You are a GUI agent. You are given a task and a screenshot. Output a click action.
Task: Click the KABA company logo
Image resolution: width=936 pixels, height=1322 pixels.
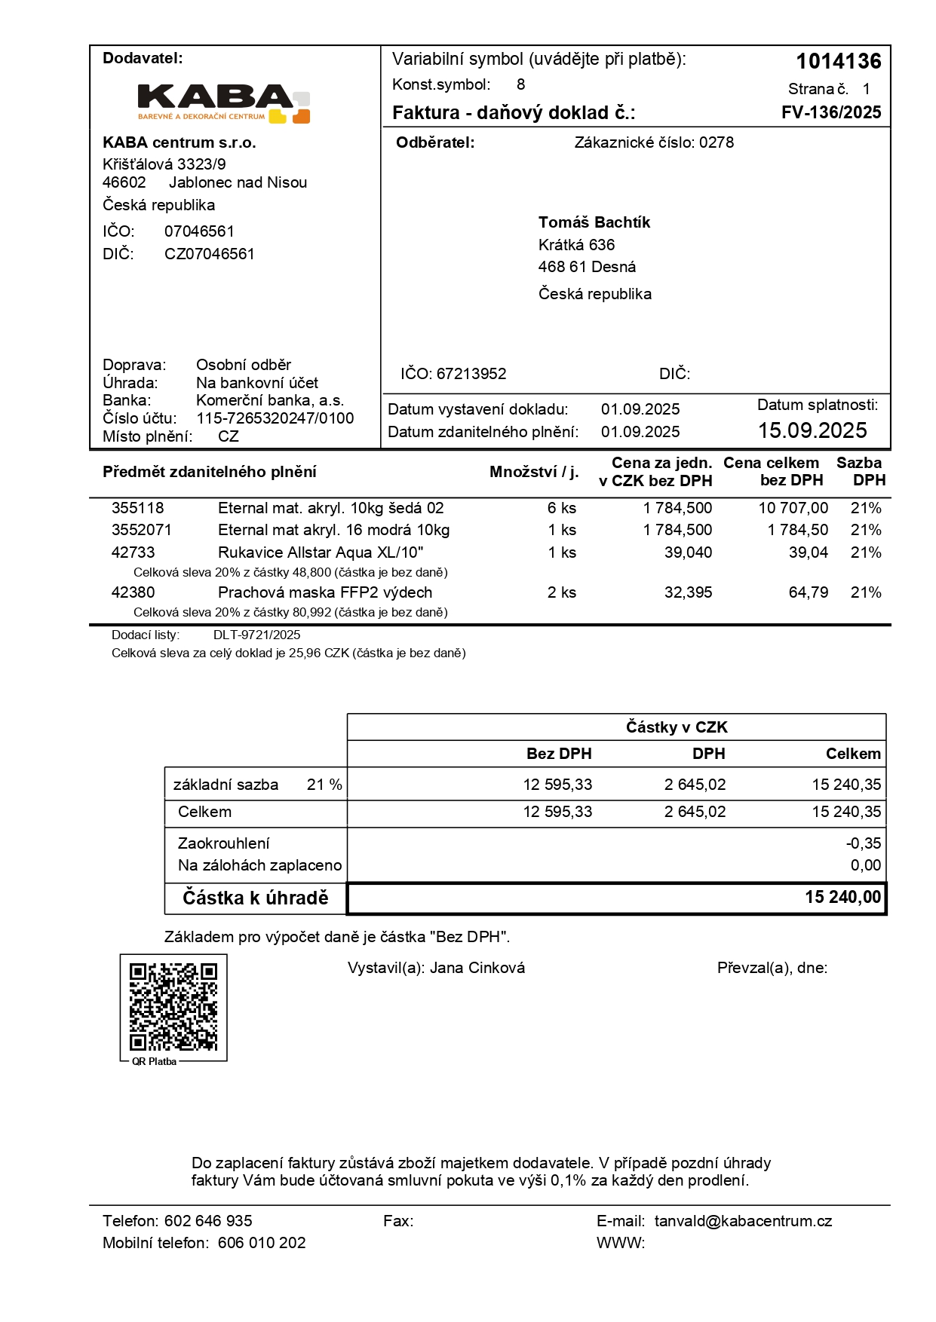coord(224,103)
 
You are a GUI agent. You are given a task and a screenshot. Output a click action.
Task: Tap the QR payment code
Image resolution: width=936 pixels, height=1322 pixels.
coord(173,1006)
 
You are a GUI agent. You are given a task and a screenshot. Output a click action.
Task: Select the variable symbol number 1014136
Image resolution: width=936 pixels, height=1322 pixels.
coord(839,61)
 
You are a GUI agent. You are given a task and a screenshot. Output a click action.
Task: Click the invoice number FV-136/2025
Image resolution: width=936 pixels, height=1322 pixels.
coord(831,112)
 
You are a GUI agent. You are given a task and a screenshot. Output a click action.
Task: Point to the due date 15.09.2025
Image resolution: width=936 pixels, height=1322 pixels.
coord(812,430)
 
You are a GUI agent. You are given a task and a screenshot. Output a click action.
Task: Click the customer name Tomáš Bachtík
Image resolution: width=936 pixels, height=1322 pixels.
coord(594,222)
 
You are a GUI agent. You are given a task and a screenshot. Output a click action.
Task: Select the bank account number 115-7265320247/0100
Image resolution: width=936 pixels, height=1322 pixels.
coord(275,418)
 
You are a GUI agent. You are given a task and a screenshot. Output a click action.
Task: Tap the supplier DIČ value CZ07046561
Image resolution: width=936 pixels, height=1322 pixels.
coord(210,254)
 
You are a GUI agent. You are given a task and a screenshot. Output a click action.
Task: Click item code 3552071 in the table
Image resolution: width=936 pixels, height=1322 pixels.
coord(142,530)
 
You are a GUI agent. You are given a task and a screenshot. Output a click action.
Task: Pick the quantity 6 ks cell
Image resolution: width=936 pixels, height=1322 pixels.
coord(562,508)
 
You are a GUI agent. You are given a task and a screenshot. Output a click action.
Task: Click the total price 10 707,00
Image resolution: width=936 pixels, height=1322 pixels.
coord(793,508)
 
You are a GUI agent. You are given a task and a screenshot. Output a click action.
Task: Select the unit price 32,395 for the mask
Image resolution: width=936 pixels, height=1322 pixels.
coord(688,592)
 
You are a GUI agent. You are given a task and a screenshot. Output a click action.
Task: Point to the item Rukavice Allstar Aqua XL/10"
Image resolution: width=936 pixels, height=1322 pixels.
coord(321,552)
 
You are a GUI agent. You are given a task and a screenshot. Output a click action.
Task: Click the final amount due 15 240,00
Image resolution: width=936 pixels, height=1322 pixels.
coord(842,897)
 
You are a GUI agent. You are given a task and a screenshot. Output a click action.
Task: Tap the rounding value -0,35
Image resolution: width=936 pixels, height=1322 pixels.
coord(863,843)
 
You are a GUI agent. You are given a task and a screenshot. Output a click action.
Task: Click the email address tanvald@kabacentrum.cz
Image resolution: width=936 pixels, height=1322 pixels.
coord(743,1221)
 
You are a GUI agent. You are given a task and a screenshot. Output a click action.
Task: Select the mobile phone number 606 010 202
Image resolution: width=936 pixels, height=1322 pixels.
coord(262,1243)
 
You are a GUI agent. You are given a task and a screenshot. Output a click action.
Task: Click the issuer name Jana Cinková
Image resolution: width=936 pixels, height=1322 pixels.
coord(477,968)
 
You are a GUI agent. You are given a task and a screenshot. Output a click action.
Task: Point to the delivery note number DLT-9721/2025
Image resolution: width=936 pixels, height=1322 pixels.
coord(256,635)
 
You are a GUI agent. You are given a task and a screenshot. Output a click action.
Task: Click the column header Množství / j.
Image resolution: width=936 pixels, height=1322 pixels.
coord(534,472)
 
